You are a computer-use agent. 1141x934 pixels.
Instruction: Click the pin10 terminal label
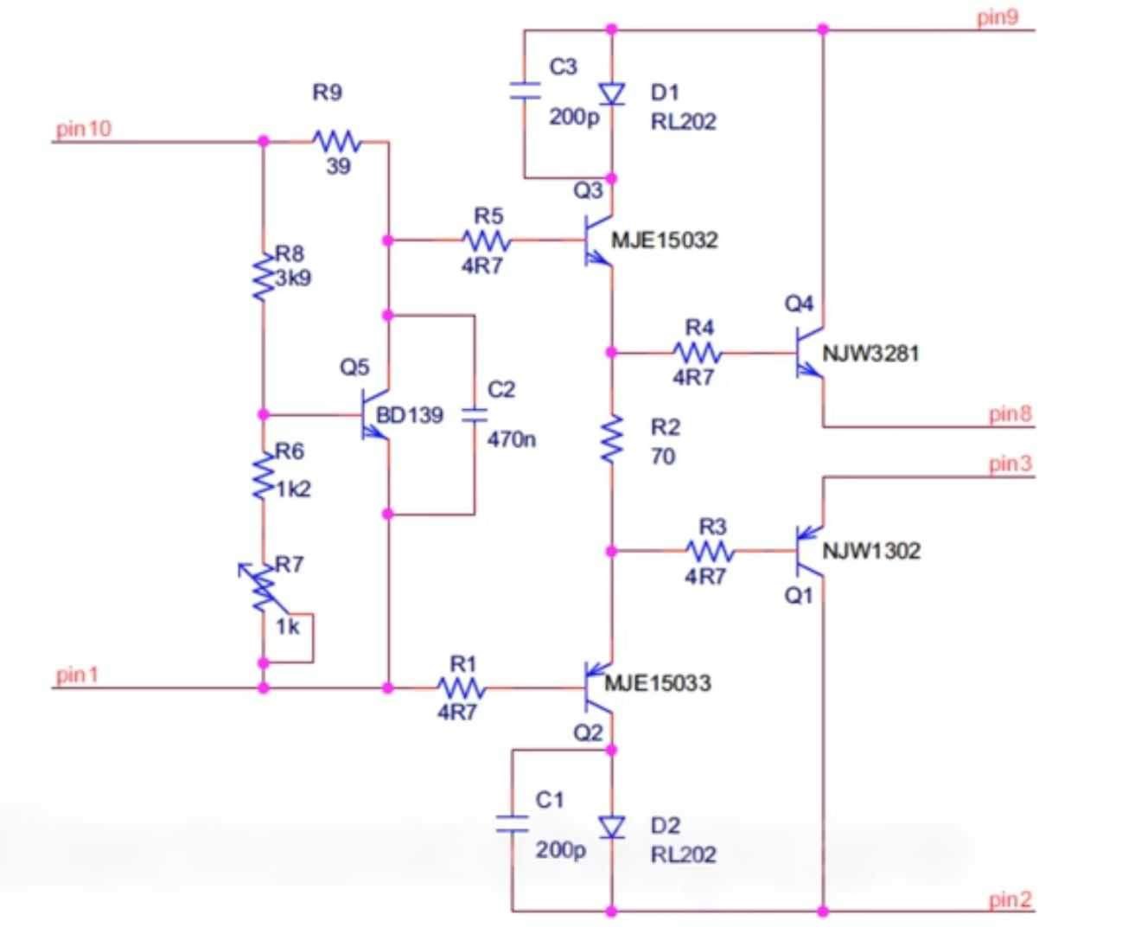point(84,130)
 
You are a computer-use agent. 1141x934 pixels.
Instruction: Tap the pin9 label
point(998,17)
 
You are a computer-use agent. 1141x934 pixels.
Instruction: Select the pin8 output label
point(1010,414)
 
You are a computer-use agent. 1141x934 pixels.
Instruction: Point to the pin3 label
point(1010,464)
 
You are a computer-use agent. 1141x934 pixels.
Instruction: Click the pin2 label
point(1010,899)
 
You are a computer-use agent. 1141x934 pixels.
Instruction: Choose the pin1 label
point(78,675)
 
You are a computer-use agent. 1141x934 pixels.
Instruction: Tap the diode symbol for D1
point(612,93)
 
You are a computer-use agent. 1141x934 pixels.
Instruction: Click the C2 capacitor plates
point(475,416)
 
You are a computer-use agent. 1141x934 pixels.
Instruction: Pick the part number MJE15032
point(665,240)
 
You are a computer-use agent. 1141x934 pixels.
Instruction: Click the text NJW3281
point(870,354)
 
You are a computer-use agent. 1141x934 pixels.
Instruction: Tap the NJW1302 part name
point(871,551)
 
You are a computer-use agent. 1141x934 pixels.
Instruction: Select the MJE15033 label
point(657,683)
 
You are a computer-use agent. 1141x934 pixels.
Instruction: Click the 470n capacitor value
point(511,439)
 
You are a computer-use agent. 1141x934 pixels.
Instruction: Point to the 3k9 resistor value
point(293,278)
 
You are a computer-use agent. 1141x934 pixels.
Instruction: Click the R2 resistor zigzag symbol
point(612,439)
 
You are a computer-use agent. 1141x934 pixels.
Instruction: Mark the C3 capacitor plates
point(525,91)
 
